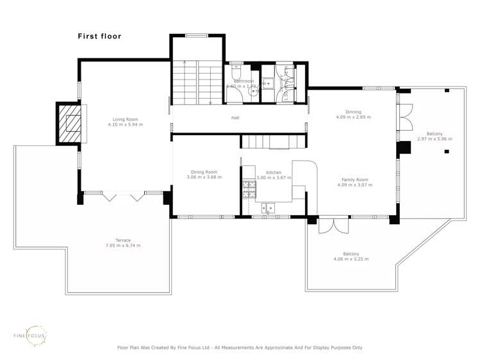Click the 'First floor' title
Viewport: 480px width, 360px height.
[x=99, y=37]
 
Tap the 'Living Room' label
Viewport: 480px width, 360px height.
[x=126, y=119]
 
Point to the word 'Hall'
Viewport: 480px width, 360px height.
[x=235, y=118]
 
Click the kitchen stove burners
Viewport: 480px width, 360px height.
[x=248, y=188]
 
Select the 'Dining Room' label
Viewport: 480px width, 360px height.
[x=204, y=172]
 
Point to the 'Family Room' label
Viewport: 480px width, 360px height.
[x=354, y=179]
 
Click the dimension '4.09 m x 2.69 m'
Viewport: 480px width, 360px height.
[x=354, y=117]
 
